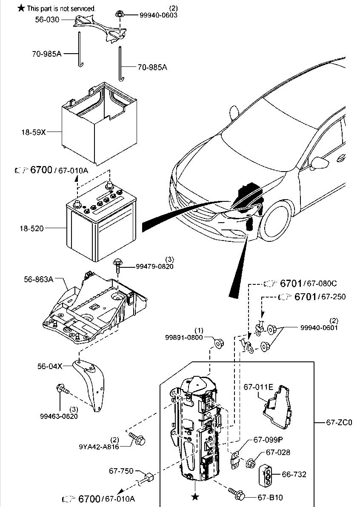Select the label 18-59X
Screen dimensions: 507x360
point(34,132)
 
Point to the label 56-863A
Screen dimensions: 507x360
point(39,280)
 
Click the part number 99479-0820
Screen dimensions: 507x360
point(154,266)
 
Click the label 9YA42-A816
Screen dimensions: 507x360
point(98,447)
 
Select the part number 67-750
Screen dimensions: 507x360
point(121,471)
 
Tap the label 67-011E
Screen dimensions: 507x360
point(258,387)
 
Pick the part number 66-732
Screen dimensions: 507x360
point(294,474)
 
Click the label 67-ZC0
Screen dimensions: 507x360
point(339,423)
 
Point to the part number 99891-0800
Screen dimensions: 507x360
point(185,337)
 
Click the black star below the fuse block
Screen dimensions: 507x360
point(195,497)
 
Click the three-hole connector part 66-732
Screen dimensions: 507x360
point(266,474)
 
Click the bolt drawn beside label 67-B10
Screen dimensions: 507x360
point(235,493)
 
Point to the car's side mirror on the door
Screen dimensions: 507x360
point(319,162)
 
